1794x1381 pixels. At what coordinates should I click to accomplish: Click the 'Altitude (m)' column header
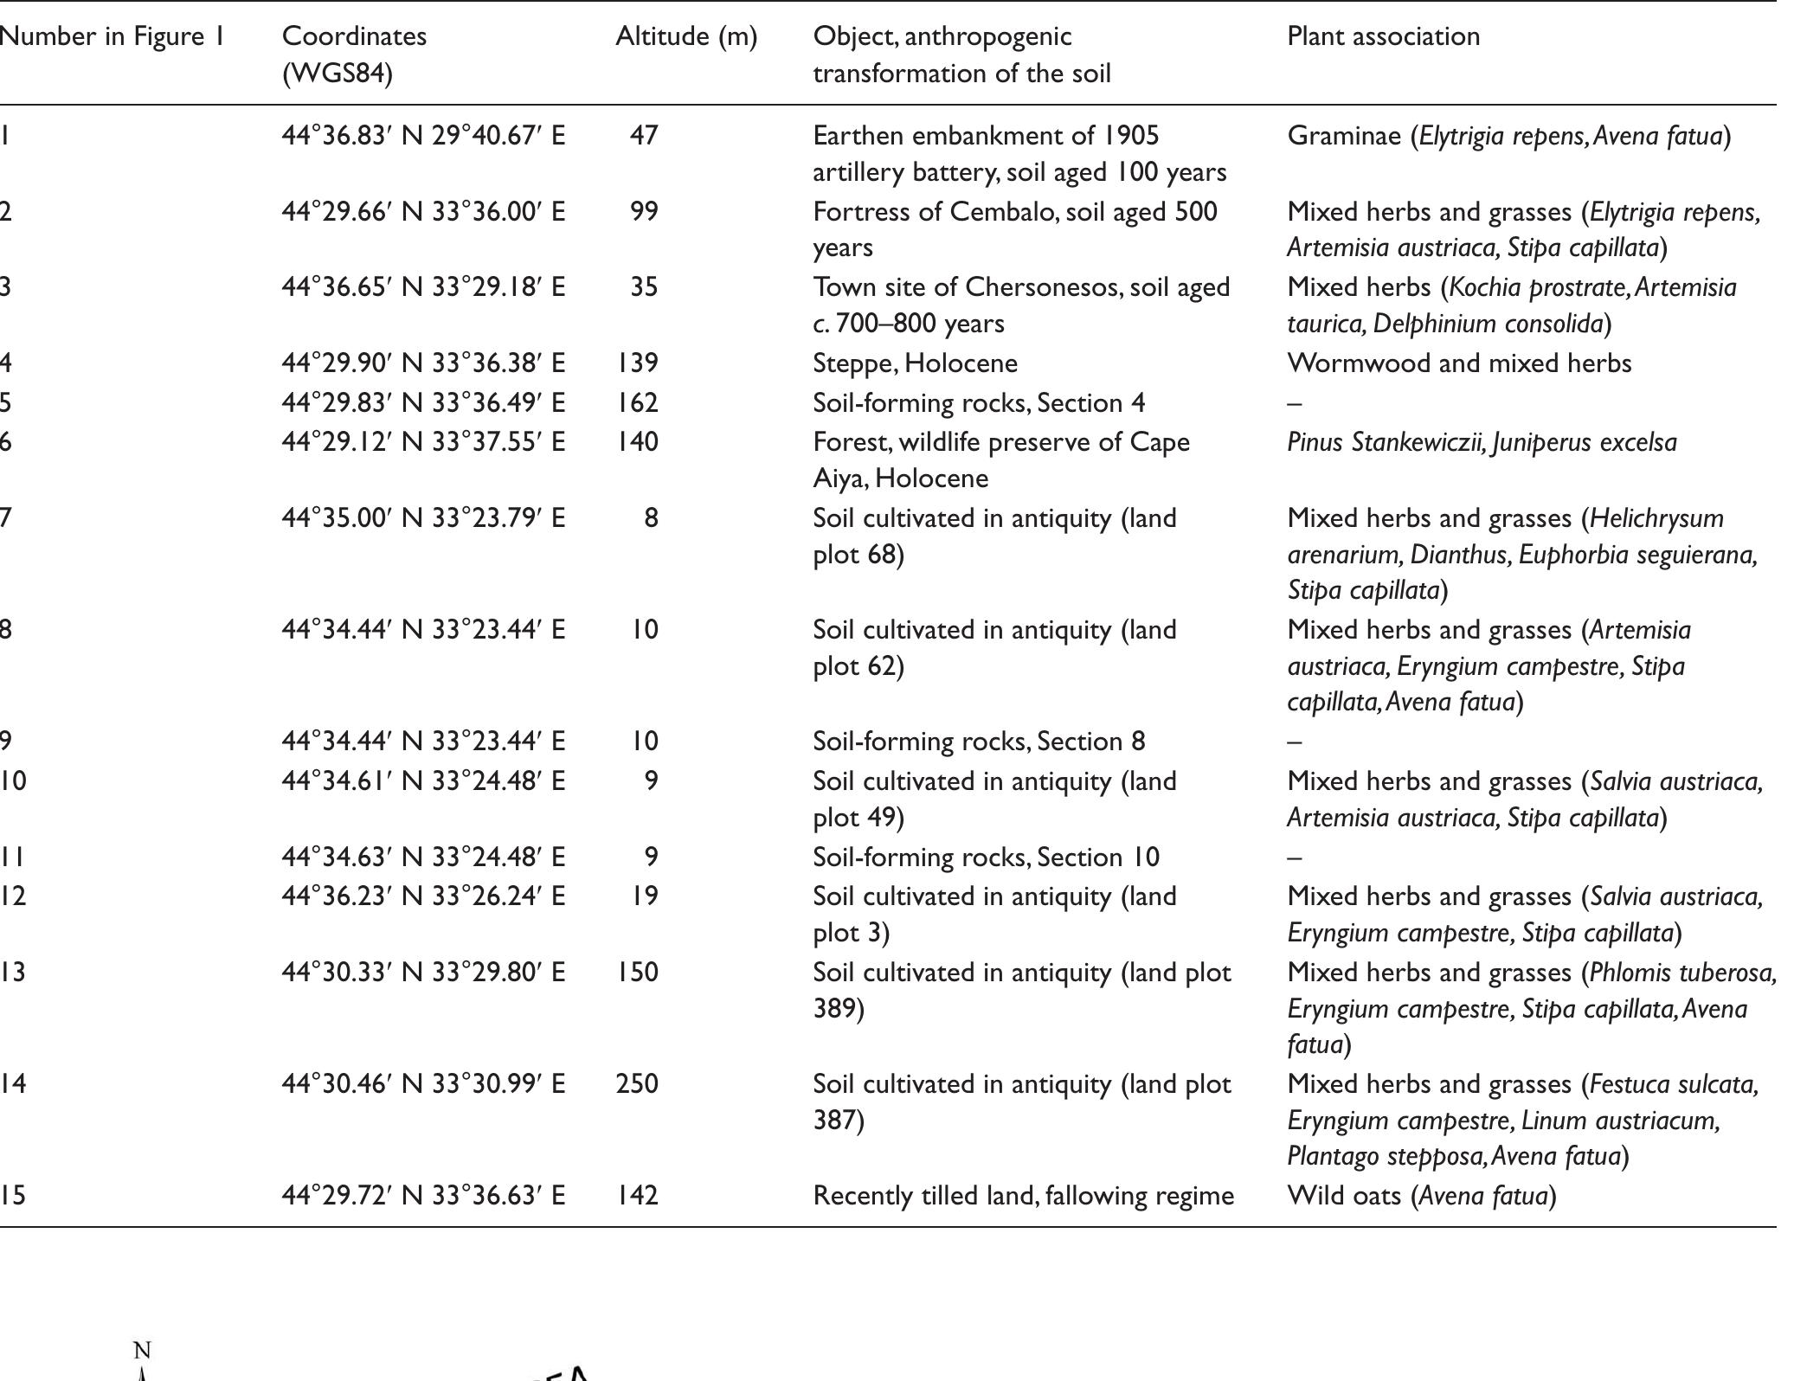coord(685,36)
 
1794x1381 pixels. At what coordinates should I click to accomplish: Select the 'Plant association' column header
coord(1383,36)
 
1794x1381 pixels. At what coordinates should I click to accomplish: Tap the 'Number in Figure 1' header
coord(112,36)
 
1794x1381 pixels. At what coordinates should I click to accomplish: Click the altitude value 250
coord(637,1083)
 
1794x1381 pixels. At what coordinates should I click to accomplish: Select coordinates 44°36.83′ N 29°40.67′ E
coord(423,136)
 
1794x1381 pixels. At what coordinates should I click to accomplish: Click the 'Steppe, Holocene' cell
coord(915,363)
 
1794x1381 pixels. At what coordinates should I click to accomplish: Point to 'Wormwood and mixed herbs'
coord(1459,363)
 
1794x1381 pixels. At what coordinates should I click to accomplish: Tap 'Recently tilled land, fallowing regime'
coord(1023,1195)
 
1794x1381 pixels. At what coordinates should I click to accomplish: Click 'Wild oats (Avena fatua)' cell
coord(1421,1195)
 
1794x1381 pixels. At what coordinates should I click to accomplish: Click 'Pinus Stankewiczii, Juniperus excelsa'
coord(1482,442)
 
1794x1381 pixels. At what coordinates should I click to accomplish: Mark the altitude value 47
coord(644,136)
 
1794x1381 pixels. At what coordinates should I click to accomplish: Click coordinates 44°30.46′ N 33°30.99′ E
coord(423,1083)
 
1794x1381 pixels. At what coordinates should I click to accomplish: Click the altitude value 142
coord(637,1195)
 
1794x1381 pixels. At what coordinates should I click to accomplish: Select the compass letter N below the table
coord(143,1351)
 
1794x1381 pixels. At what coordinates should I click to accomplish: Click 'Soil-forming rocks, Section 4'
coord(979,402)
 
